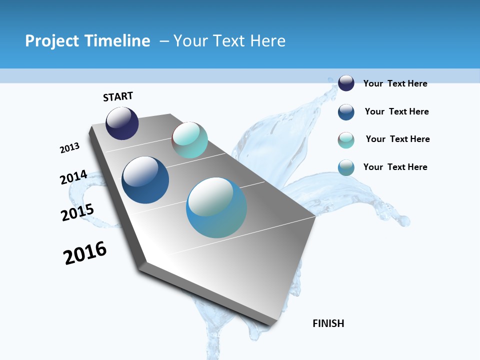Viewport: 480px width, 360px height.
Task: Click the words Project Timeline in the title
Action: [87, 41]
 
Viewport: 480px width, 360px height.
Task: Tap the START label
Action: [118, 96]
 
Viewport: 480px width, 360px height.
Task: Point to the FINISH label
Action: [328, 323]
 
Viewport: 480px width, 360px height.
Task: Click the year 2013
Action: [70, 148]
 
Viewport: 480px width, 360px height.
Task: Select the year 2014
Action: [74, 177]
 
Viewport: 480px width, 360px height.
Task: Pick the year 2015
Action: [77, 212]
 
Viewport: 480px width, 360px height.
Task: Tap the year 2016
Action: [85, 253]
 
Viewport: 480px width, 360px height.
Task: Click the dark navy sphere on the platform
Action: [122, 123]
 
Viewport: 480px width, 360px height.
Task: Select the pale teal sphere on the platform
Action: [190, 140]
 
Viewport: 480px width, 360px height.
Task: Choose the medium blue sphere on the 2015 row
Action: [145, 180]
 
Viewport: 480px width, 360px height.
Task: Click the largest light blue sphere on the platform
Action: [216, 207]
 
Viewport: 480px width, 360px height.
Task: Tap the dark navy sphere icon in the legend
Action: [346, 83]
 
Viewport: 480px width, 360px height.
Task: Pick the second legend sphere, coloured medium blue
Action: [346, 112]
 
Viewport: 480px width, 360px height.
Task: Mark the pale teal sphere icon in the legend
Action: [346, 140]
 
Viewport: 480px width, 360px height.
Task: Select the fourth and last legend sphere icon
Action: [346, 167]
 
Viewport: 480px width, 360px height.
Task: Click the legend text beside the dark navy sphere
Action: [395, 83]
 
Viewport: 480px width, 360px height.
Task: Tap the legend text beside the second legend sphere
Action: [396, 111]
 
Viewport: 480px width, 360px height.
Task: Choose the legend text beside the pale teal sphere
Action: [397, 139]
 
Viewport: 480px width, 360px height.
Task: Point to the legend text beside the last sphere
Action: [395, 167]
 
